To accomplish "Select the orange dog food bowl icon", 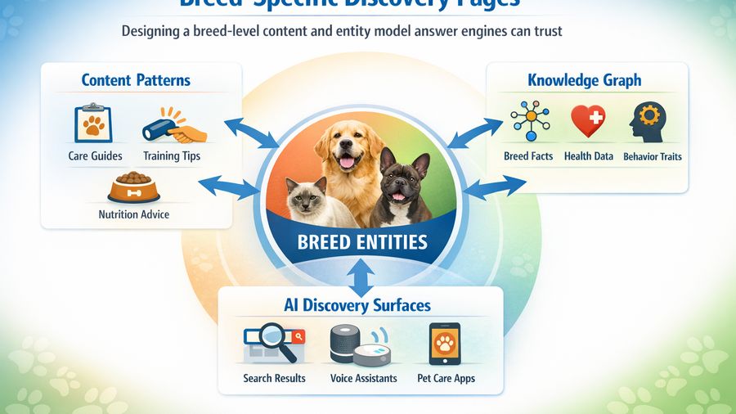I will tap(133, 187).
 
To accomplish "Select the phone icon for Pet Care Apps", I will tap(444, 344).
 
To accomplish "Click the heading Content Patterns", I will tap(136, 80).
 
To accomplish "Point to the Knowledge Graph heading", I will tap(584, 80).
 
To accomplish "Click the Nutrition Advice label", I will tap(133, 215).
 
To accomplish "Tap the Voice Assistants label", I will tap(363, 378).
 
